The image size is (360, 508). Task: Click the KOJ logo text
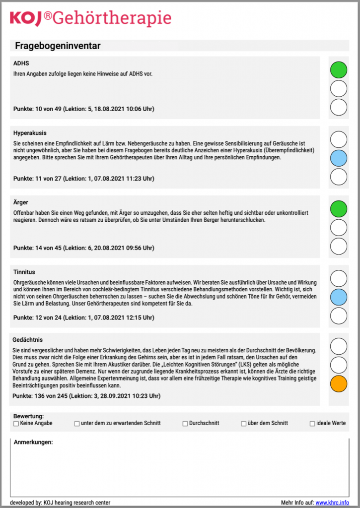coord(27,18)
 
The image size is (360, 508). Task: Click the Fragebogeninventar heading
coord(58,46)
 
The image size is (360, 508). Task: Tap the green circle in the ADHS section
coord(339,70)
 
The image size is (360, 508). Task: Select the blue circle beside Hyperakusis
coord(339,158)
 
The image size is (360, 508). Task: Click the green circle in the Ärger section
coord(339,209)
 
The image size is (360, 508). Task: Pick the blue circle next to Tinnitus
coord(339,297)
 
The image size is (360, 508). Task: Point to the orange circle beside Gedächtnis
coord(339,384)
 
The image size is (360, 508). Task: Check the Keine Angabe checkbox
coord(16,424)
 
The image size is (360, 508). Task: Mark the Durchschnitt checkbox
coord(185,424)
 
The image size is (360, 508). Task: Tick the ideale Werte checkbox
coord(312,424)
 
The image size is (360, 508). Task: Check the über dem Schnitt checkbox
coord(244,424)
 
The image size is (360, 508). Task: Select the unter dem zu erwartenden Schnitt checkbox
coord(77,424)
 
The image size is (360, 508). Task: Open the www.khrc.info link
coord(332,503)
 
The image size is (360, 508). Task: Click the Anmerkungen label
coord(33,442)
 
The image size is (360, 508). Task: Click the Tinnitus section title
coord(24,272)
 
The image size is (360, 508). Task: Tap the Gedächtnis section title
coord(28,340)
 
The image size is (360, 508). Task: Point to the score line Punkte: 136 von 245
coord(87,396)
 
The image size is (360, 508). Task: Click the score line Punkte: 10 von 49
coord(87,109)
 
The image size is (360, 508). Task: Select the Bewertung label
coord(29,416)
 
